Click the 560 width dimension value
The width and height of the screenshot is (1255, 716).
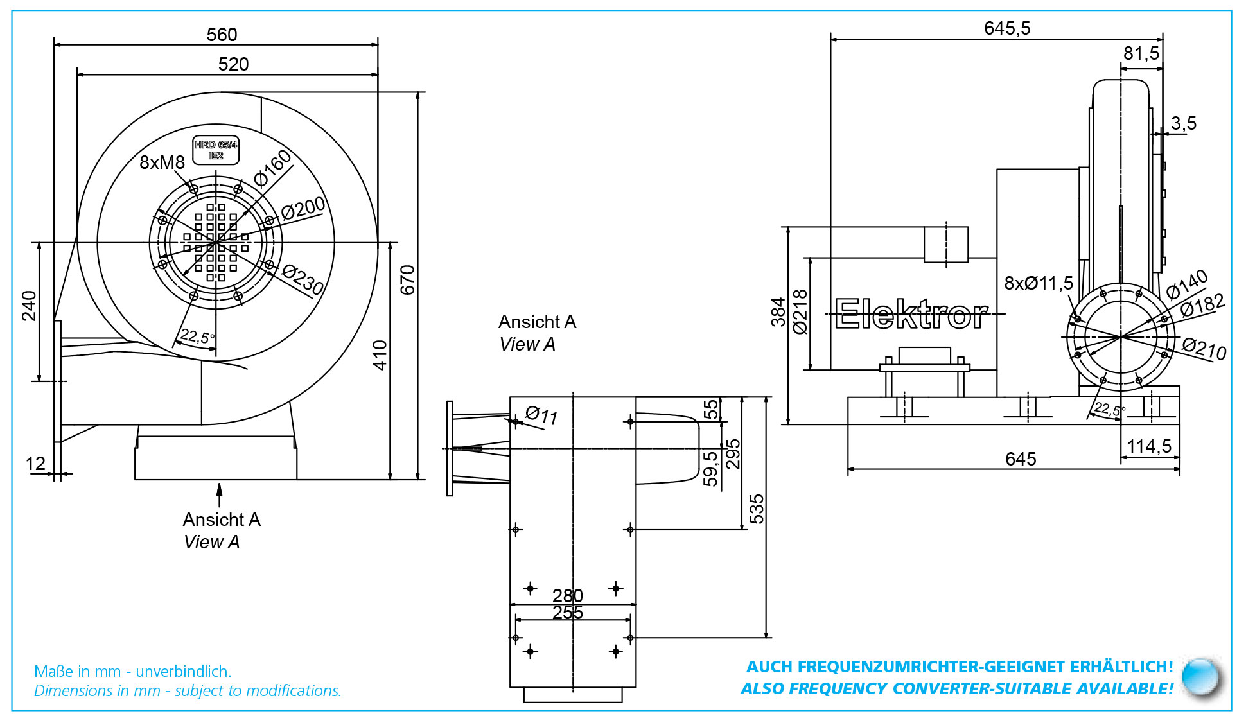pyautogui.click(x=222, y=34)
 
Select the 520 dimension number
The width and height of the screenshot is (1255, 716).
pyautogui.click(x=233, y=64)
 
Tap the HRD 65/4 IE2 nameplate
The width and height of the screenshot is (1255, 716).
pyautogui.click(x=216, y=150)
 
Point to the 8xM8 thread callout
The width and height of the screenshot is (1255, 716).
pyautogui.click(x=162, y=162)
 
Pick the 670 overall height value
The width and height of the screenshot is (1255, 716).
pyautogui.click(x=408, y=280)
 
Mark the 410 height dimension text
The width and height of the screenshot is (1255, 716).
pyautogui.click(x=380, y=355)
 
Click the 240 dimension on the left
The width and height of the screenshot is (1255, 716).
pyautogui.click(x=30, y=306)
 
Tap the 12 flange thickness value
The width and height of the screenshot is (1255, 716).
pyautogui.click(x=35, y=464)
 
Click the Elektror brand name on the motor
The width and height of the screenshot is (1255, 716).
pyautogui.click(x=911, y=314)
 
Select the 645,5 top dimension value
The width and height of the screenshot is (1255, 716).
pyautogui.click(x=1007, y=28)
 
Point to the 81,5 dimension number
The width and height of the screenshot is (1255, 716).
pyautogui.click(x=1141, y=53)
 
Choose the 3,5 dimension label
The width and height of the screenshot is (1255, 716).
pyautogui.click(x=1184, y=123)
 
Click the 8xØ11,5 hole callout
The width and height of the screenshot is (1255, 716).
pyautogui.click(x=1039, y=283)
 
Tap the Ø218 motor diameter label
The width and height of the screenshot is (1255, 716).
pyautogui.click(x=800, y=312)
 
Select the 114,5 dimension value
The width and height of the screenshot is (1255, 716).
pyautogui.click(x=1149, y=446)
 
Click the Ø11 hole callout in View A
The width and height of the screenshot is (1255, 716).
pyautogui.click(x=541, y=415)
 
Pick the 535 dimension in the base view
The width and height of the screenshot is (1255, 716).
pyautogui.click(x=757, y=509)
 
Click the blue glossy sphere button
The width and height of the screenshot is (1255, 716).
pyautogui.click(x=1201, y=677)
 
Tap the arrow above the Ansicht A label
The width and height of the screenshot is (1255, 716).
pyautogui.click(x=220, y=495)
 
